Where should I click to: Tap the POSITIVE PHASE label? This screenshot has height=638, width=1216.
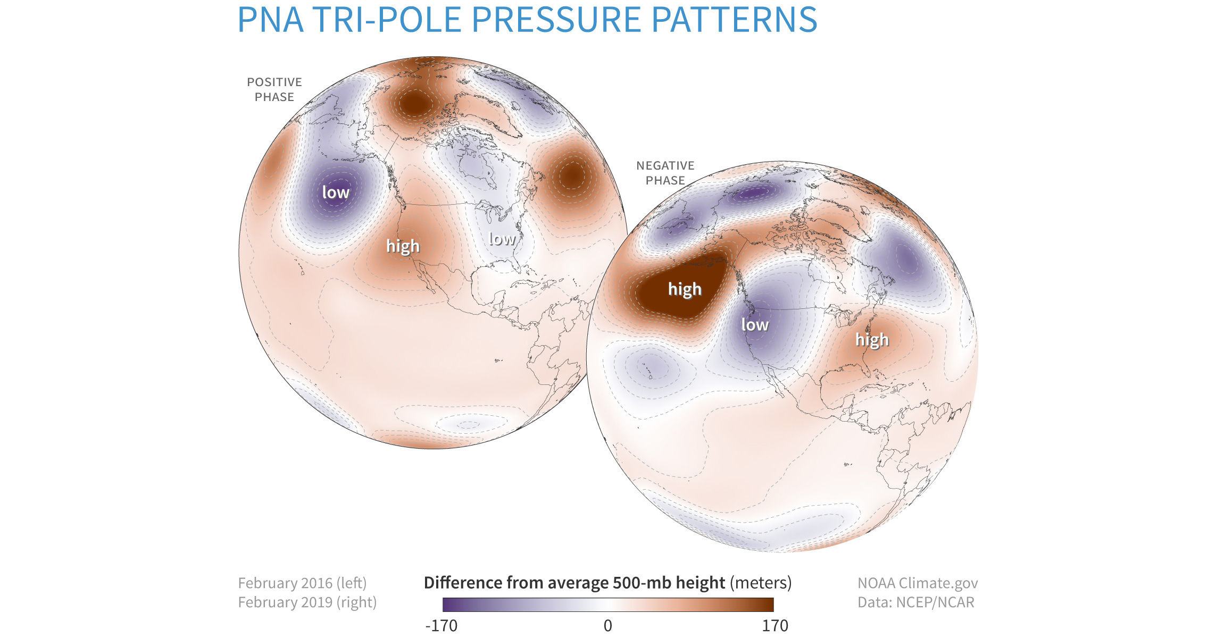[x=274, y=89]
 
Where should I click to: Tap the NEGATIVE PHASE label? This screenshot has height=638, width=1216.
[x=665, y=173]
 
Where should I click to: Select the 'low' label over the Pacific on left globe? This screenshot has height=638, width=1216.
[x=336, y=192]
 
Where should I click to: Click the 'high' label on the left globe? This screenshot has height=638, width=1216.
[x=403, y=246]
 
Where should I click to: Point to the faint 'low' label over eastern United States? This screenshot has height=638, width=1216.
[x=502, y=239]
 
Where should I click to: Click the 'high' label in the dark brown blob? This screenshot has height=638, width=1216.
[x=685, y=289]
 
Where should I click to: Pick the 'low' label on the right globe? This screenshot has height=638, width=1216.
[x=754, y=325]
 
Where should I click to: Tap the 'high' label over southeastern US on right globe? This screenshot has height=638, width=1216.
[x=872, y=340]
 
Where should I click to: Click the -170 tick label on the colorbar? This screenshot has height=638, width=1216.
[x=441, y=626]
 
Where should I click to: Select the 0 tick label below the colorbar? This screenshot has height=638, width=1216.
[x=608, y=626]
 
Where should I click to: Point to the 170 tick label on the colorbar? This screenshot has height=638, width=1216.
[x=775, y=626]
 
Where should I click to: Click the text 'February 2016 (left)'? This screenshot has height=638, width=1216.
[x=302, y=583]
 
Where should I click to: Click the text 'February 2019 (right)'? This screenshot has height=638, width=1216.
[x=307, y=602]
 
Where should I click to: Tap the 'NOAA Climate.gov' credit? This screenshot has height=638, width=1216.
[x=917, y=583]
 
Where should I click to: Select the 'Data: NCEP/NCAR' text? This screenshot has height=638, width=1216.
[x=915, y=602]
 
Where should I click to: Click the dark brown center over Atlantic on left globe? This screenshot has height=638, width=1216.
[x=571, y=174]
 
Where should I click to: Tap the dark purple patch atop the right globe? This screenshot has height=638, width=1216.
[x=751, y=194]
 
